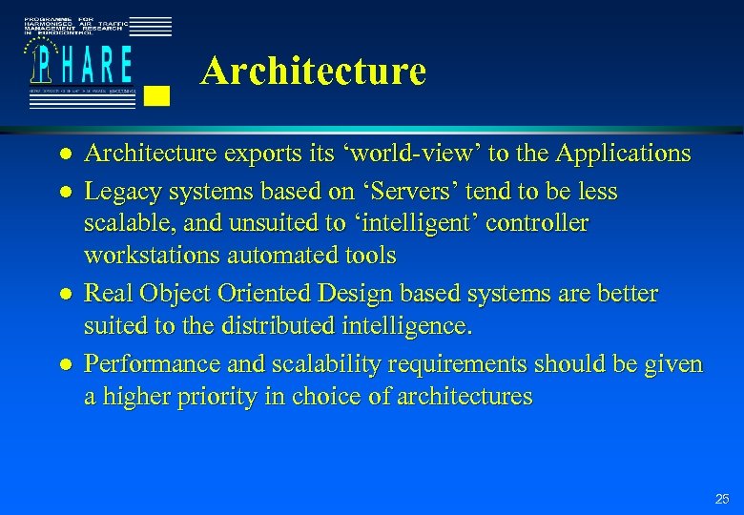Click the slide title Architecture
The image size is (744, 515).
[x=313, y=71]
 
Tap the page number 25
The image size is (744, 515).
[x=722, y=499]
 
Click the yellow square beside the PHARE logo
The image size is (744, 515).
[x=160, y=94]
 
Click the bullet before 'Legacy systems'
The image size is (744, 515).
[x=62, y=193]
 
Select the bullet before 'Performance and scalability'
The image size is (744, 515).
[x=62, y=365]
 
